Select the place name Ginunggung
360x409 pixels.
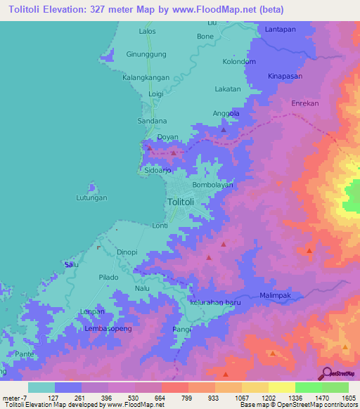(x=146, y=54)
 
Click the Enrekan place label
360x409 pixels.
(x=306, y=103)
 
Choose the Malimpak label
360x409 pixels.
(x=276, y=296)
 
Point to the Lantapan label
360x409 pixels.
(x=282, y=29)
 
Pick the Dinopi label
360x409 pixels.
(x=127, y=252)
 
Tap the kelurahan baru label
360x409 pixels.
(x=215, y=302)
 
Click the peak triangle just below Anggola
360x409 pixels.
(x=224, y=129)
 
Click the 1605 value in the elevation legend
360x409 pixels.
(x=349, y=397)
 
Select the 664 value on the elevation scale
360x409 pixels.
(x=161, y=397)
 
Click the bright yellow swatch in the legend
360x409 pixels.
(x=281, y=387)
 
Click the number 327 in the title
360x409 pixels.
(x=116, y=10)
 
